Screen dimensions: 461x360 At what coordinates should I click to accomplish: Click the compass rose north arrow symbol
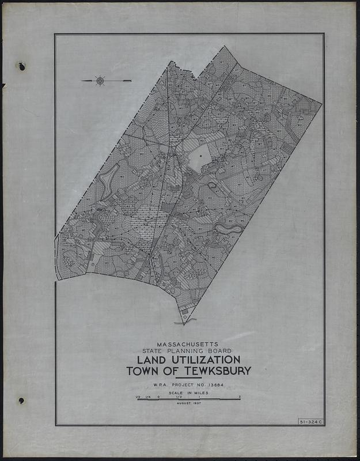point(100,81)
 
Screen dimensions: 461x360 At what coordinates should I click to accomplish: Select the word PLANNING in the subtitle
point(192,350)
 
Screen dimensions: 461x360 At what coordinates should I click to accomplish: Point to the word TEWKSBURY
point(214,371)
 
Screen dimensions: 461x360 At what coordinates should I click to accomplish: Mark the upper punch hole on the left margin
point(22,66)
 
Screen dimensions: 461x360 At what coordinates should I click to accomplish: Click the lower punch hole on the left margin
point(21,400)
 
